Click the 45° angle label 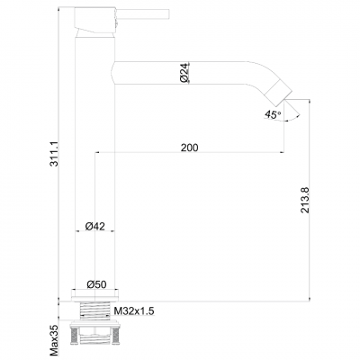click(271, 114)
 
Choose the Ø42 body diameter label click(96, 226)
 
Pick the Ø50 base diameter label click(96, 284)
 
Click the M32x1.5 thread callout click(134, 310)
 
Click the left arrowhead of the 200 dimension click(96, 154)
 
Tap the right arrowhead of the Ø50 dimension click(116, 291)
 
